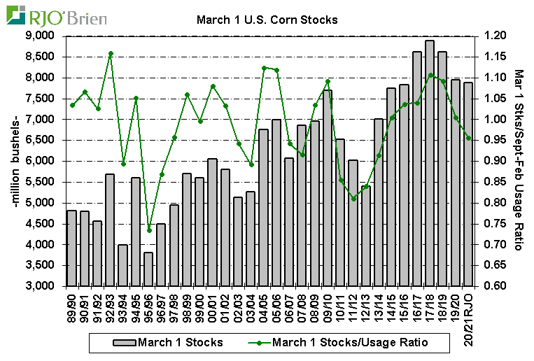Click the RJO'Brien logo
pyautogui.click(x=56, y=15)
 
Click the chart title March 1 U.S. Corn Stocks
pyautogui.click(x=268, y=20)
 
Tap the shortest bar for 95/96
pyautogui.click(x=148, y=269)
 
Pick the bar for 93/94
pyautogui.click(x=123, y=265)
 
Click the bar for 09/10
pyautogui.click(x=328, y=188)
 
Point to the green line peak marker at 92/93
pyautogui.click(x=111, y=54)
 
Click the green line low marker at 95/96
pyautogui.click(x=148, y=229)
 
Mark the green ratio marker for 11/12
pyautogui.click(x=353, y=199)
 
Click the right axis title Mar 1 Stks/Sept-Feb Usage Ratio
pyautogui.click(x=519, y=160)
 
